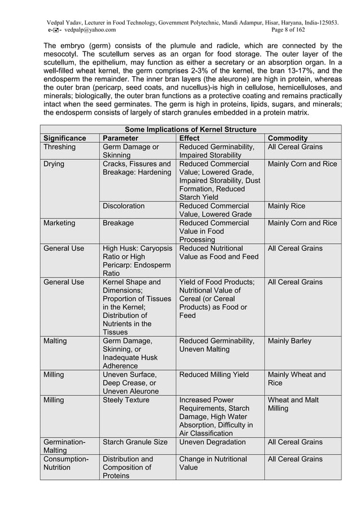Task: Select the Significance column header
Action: pos(65,138)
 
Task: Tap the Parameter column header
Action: pos(121,138)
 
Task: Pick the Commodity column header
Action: pos(288,138)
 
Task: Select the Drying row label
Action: pos(54,164)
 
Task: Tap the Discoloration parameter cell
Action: pos(123,206)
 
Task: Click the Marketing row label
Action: pos(59,223)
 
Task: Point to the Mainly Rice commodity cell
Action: pos(286,206)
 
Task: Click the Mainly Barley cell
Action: pos(289,341)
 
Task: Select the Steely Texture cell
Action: pos(126,400)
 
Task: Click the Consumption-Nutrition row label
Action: pos(64,463)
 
